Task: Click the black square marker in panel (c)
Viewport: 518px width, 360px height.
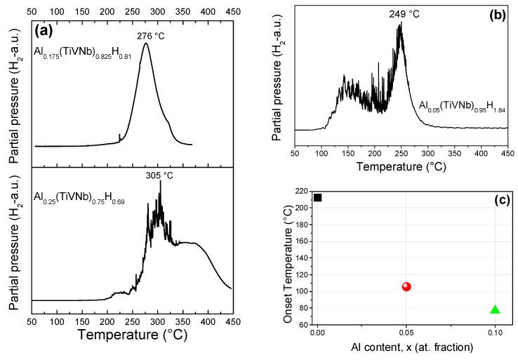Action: [x=318, y=198]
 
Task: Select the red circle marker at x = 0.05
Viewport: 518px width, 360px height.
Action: [x=406, y=286]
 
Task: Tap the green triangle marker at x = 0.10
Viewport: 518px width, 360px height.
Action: [x=495, y=309]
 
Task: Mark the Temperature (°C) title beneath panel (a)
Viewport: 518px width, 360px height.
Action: [x=136, y=335]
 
